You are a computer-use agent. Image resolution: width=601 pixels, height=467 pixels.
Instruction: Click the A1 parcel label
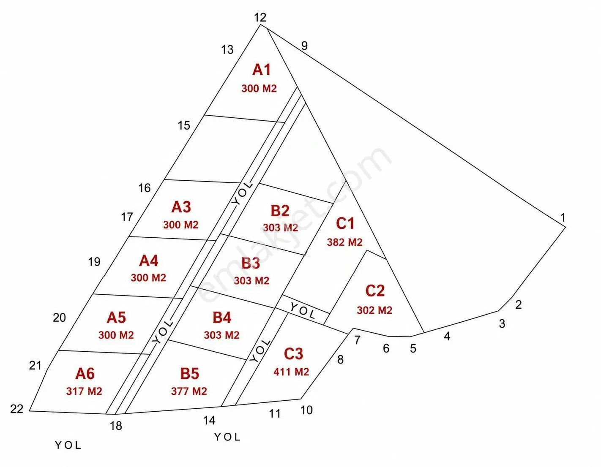point(261,69)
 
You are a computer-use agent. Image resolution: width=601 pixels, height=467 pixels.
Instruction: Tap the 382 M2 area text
point(344,242)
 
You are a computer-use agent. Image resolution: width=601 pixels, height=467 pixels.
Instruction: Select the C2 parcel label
point(375,291)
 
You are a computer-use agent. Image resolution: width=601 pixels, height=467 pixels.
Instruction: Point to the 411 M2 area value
point(291,372)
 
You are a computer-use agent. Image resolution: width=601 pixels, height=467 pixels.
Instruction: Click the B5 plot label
point(190,374)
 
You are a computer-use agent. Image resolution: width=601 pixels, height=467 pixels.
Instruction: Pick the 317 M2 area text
point(84,391)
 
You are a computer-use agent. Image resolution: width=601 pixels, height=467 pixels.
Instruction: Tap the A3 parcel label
point(181,207)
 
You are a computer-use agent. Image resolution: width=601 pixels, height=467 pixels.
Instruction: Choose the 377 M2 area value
point(189,391)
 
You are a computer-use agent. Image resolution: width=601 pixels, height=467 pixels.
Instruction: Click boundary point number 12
point(260,17)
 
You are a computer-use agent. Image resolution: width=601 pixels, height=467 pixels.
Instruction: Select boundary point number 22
point(17,409)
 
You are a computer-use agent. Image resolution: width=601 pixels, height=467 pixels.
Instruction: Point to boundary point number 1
point(563,217)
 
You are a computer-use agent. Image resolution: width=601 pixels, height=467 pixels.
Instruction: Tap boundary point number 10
point(306,410)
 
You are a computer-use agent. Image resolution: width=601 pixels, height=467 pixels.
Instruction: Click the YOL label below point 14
point(227,437)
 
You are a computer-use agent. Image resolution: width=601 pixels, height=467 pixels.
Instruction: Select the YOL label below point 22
point(68,445)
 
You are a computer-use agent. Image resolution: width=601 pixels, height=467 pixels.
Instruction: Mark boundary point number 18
point(116,426)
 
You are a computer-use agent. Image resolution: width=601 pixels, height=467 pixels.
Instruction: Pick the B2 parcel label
point(280,211)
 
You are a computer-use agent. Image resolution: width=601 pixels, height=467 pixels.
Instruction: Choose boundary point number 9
point(304,46)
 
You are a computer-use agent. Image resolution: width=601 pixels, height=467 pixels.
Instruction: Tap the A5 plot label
point(116,318)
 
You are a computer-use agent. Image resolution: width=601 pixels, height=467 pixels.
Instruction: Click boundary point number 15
point(184,125)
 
